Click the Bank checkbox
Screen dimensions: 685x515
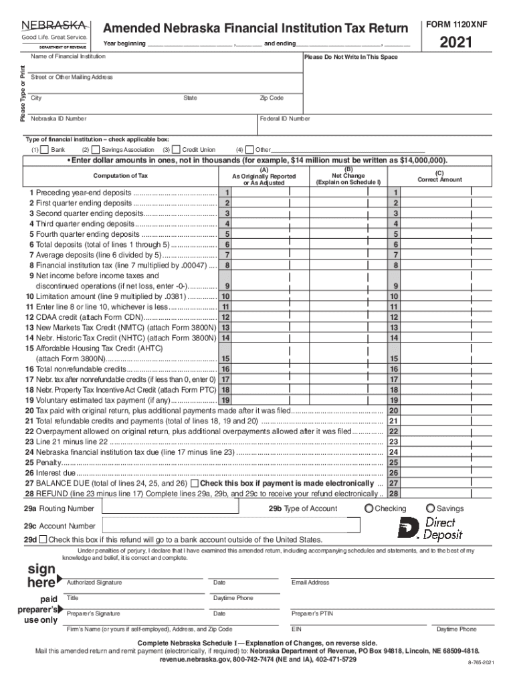pos(45,150)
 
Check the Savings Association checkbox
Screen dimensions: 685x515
pos(96,150)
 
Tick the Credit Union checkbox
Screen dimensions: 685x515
pos(177,150)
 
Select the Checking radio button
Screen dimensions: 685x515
pos(369,508)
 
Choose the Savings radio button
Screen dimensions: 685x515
pos(430,508)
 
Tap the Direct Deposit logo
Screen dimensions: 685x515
pos(431,528)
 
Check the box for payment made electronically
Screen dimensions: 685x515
pos(194,483)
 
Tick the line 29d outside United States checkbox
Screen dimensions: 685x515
pos(43,539)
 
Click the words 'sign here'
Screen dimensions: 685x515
pos(41,576)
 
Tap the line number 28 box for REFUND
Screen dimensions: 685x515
pos(394,494)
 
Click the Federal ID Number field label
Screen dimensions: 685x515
pos(285,118)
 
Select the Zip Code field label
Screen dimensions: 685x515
pos(272,98)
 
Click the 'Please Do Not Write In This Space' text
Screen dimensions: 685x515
pos(350,58)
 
